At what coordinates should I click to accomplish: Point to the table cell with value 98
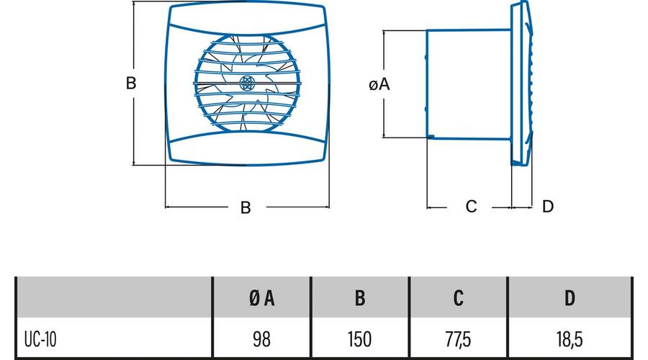[x=262, y=338]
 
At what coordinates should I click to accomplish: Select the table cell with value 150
[x=360, y=338]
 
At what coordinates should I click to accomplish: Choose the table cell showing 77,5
[x=459, y=338]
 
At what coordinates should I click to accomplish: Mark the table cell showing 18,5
[x=570, y=338]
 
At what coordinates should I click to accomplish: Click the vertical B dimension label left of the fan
[x=131, y=84]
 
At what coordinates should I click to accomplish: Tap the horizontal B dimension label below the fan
[x=246, y=207]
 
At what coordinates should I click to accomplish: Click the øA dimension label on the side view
[x=379, y=85]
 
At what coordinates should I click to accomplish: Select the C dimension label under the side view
[x=471, y=207]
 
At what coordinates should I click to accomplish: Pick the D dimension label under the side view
[x=548, y=207]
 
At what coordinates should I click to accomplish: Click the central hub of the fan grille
[x=246, y=84]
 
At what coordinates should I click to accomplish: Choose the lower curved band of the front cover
[x=246, y=148]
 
